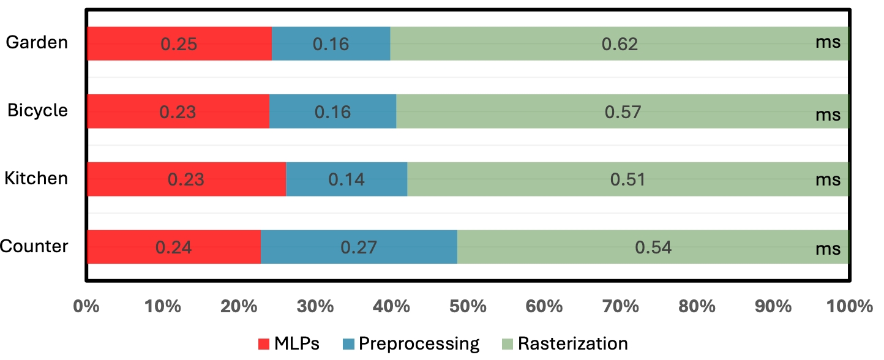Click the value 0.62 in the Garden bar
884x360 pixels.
[x=620, y=44]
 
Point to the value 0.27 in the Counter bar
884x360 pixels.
[x=359, y=247]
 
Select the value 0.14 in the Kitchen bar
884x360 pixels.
[x=346, y=179]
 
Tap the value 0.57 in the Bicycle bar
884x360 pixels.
[x=623, y=112]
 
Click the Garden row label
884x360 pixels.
[x=36, y=43]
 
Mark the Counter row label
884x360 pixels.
[x=34, y=246]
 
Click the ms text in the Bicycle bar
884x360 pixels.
[x=828, y=114]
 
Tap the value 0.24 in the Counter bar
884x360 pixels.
[x=173, y=247]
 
